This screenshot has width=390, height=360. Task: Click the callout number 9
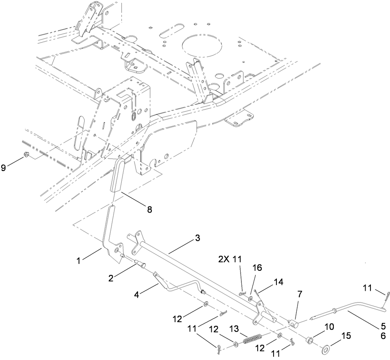[4, 168]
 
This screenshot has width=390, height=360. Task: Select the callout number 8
[149, 209]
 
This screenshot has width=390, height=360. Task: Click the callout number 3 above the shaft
[197, 238]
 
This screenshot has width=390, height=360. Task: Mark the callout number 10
[329, 327]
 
